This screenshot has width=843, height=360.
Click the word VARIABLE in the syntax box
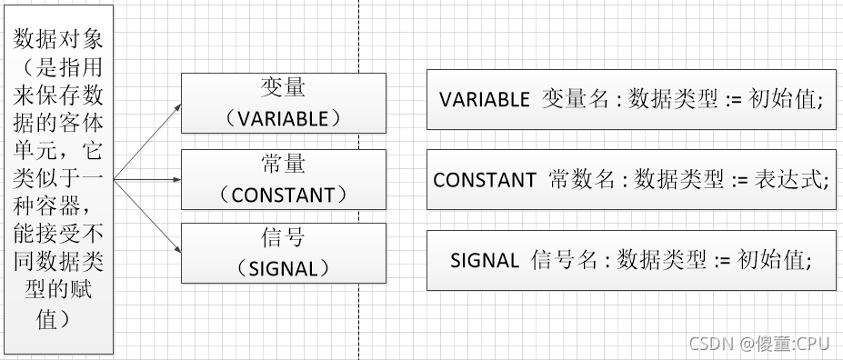[x=484, y=99]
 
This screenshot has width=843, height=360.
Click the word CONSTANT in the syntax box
[x=485, y=180]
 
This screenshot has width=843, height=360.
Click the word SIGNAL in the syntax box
[x=484, y=261]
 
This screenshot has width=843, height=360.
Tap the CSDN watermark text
[x=708, y=343]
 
